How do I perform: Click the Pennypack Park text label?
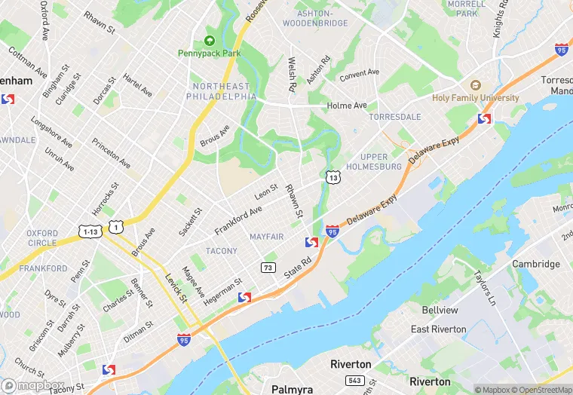pos(209,54)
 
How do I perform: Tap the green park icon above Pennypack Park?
pos(209,41)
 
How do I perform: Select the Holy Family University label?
pos(475,98)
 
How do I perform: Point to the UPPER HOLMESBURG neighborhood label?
pos(374,161)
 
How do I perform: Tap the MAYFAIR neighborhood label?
pos(266,237)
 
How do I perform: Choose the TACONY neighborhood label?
pos(222,251)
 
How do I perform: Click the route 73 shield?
pos(268,268)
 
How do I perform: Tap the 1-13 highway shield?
pos(90,231)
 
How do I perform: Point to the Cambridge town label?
pos(536,264)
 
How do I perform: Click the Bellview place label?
pos(440,311)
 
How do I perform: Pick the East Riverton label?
pos(438,329)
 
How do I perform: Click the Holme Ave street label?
pos(347,106)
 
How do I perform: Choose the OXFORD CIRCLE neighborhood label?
pos(41,238)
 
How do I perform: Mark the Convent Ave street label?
pos(359,75)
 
